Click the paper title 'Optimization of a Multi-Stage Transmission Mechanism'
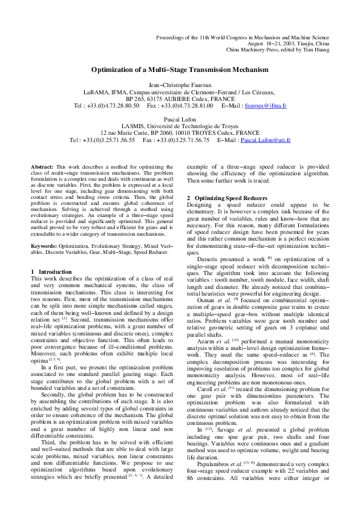point(180,70)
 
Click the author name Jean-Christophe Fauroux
point(180,85)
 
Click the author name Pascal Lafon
point(180,120)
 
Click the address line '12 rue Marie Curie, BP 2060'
point(180,133)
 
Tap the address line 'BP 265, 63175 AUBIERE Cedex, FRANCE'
point(180,99)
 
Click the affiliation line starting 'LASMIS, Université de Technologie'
point(180,126)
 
